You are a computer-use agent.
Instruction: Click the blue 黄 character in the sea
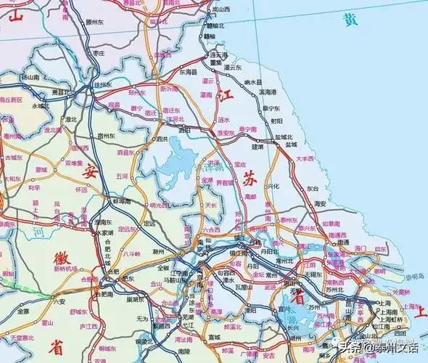pyautogui.click(x=352, y=20)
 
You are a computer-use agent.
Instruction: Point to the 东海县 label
pyautogui.click(x=189, y=73)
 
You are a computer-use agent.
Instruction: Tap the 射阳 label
pyautogui.click(x=276, y=121)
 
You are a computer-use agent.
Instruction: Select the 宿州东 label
pyautogui.click(x=107, y=136)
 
